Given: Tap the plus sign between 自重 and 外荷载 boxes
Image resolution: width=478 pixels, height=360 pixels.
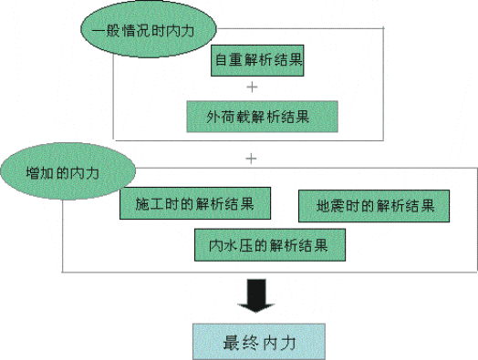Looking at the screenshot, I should tap(252, 87).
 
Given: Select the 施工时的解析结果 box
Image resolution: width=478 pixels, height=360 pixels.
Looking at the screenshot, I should tap(194, 203).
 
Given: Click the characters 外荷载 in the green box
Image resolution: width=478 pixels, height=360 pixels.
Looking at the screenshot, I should tap(220, 117).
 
